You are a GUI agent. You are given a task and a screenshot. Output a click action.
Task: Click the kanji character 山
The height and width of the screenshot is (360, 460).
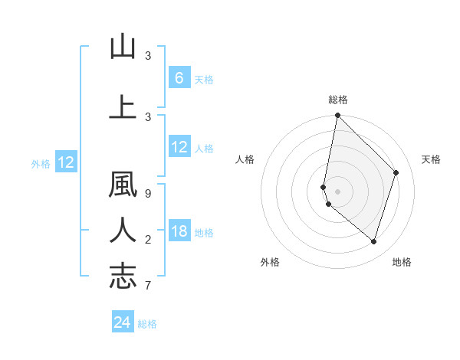pyautogui.click(x=123, y=47)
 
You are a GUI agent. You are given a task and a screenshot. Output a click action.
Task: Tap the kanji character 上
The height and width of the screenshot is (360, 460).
pyautogui.click(x=123, y=106)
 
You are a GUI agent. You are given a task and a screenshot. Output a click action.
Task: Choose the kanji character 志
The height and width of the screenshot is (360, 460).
pyautogui.click(x=123, y=275)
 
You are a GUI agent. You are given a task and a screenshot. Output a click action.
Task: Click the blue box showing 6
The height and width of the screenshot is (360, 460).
pyautogui.click(x=179, y=78)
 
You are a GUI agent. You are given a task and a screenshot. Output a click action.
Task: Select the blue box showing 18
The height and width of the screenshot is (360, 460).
pyautogui.click(x=179, y=231)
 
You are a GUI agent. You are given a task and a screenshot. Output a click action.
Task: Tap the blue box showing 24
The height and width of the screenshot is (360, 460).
pyautogui.click(x=123, y=322)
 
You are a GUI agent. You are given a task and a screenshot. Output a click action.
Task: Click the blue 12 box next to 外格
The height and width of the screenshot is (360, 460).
pyautogui.click(x=65, y=162)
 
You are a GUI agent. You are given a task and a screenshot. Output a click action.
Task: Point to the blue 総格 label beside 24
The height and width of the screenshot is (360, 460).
pyautogui.click(x=148, y=324)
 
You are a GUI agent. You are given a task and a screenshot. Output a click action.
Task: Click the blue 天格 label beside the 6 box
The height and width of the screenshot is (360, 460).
pyautogui.click(x=203, y=80)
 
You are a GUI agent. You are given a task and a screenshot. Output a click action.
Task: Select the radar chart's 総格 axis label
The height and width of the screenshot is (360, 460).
pyautogui.click(x=337, y=100)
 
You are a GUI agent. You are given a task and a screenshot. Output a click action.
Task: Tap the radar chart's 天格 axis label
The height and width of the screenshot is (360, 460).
pyautogui.click(x=431, y=159)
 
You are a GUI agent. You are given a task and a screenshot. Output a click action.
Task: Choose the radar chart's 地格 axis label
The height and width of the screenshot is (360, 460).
pyautogui.click(x=402, y=262)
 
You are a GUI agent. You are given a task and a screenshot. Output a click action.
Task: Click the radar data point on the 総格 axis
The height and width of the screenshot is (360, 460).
pyautogui.click(x=337, y=115)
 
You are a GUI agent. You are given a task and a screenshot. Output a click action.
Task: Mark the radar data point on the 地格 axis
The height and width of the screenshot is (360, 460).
pyautogui.click(x=373, y=241)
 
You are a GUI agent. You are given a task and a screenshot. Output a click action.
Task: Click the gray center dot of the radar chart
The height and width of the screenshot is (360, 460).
pyautogui.click(x=337, y=191)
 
